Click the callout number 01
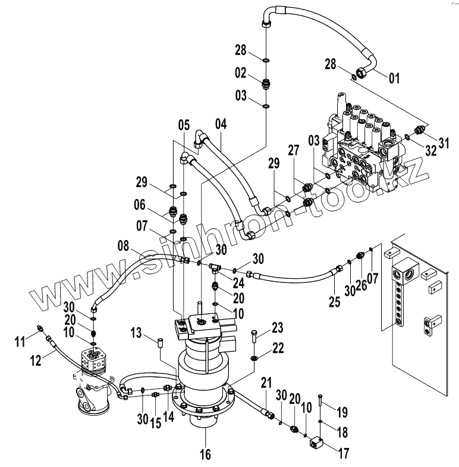coord(394,79)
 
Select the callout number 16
coord(206,454)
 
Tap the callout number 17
coord(344,454)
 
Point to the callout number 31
coord(444,143)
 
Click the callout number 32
coord(430,151)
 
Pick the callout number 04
coord(221,124)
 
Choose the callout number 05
coord(184,125)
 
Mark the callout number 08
coord(124,246)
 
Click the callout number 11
coord(20,342)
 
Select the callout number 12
coord(36,361)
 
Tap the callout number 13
coord(136,332)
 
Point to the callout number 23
coord(277,328)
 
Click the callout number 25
coord(334,302)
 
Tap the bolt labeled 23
coord(253,337)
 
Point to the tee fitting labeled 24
coord(215,266)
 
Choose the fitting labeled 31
coord(419,130)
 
